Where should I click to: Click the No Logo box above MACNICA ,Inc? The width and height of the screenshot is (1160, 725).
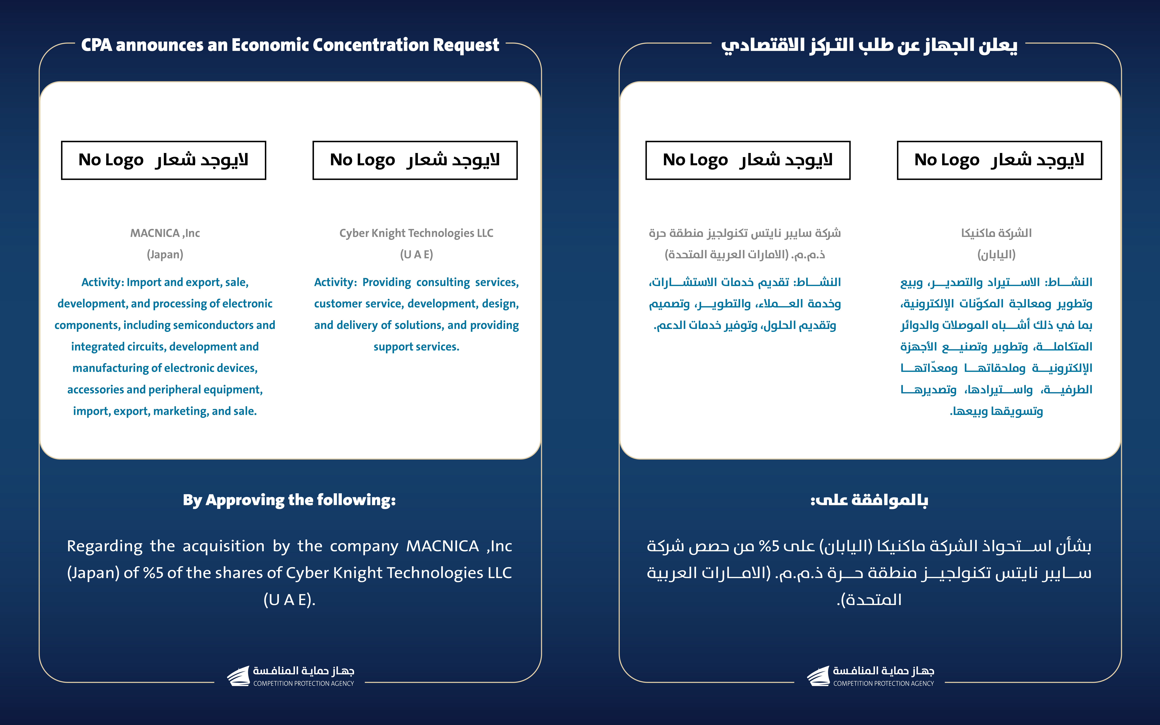pyautogui.click(x=163, y=160)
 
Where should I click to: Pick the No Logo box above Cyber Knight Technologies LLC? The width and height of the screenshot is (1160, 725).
pyautogui.click(x=415, y=160)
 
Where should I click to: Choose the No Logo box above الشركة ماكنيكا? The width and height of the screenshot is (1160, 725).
pyautogui.click(x=999, y=160)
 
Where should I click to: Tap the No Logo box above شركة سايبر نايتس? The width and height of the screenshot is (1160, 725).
pyautogui.click(x=748, y=160)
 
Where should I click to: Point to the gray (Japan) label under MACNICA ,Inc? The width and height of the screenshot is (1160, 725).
pyautogui.click(x=165, y=255)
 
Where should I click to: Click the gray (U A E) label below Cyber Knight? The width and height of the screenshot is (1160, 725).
pyautogui.click(x=416, y=255)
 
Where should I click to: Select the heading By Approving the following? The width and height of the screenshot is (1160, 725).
pyautogui.click(x=289, y=500)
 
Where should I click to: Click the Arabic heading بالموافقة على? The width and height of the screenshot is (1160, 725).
pyautogui.click(x=869, y=500)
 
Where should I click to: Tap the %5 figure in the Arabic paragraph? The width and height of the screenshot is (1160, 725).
pyautogui.click(x=769, y=546)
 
